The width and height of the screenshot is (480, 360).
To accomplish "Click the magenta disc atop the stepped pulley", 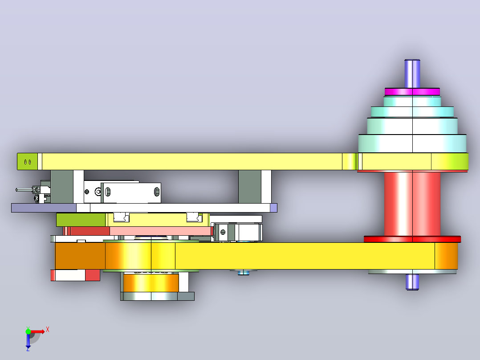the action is tap(412, 92).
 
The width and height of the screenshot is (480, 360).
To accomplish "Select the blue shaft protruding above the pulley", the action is tap(412, 74).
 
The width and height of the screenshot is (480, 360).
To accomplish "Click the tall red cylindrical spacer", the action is tap(412, 204).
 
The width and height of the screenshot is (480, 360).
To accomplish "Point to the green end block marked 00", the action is tap(27, 161).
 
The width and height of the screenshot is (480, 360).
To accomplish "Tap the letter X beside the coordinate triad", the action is tap(48, 330).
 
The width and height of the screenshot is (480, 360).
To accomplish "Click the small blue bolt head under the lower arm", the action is tap(244, 272).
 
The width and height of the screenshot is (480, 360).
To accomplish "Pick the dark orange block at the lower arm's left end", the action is tap(80, 256).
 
